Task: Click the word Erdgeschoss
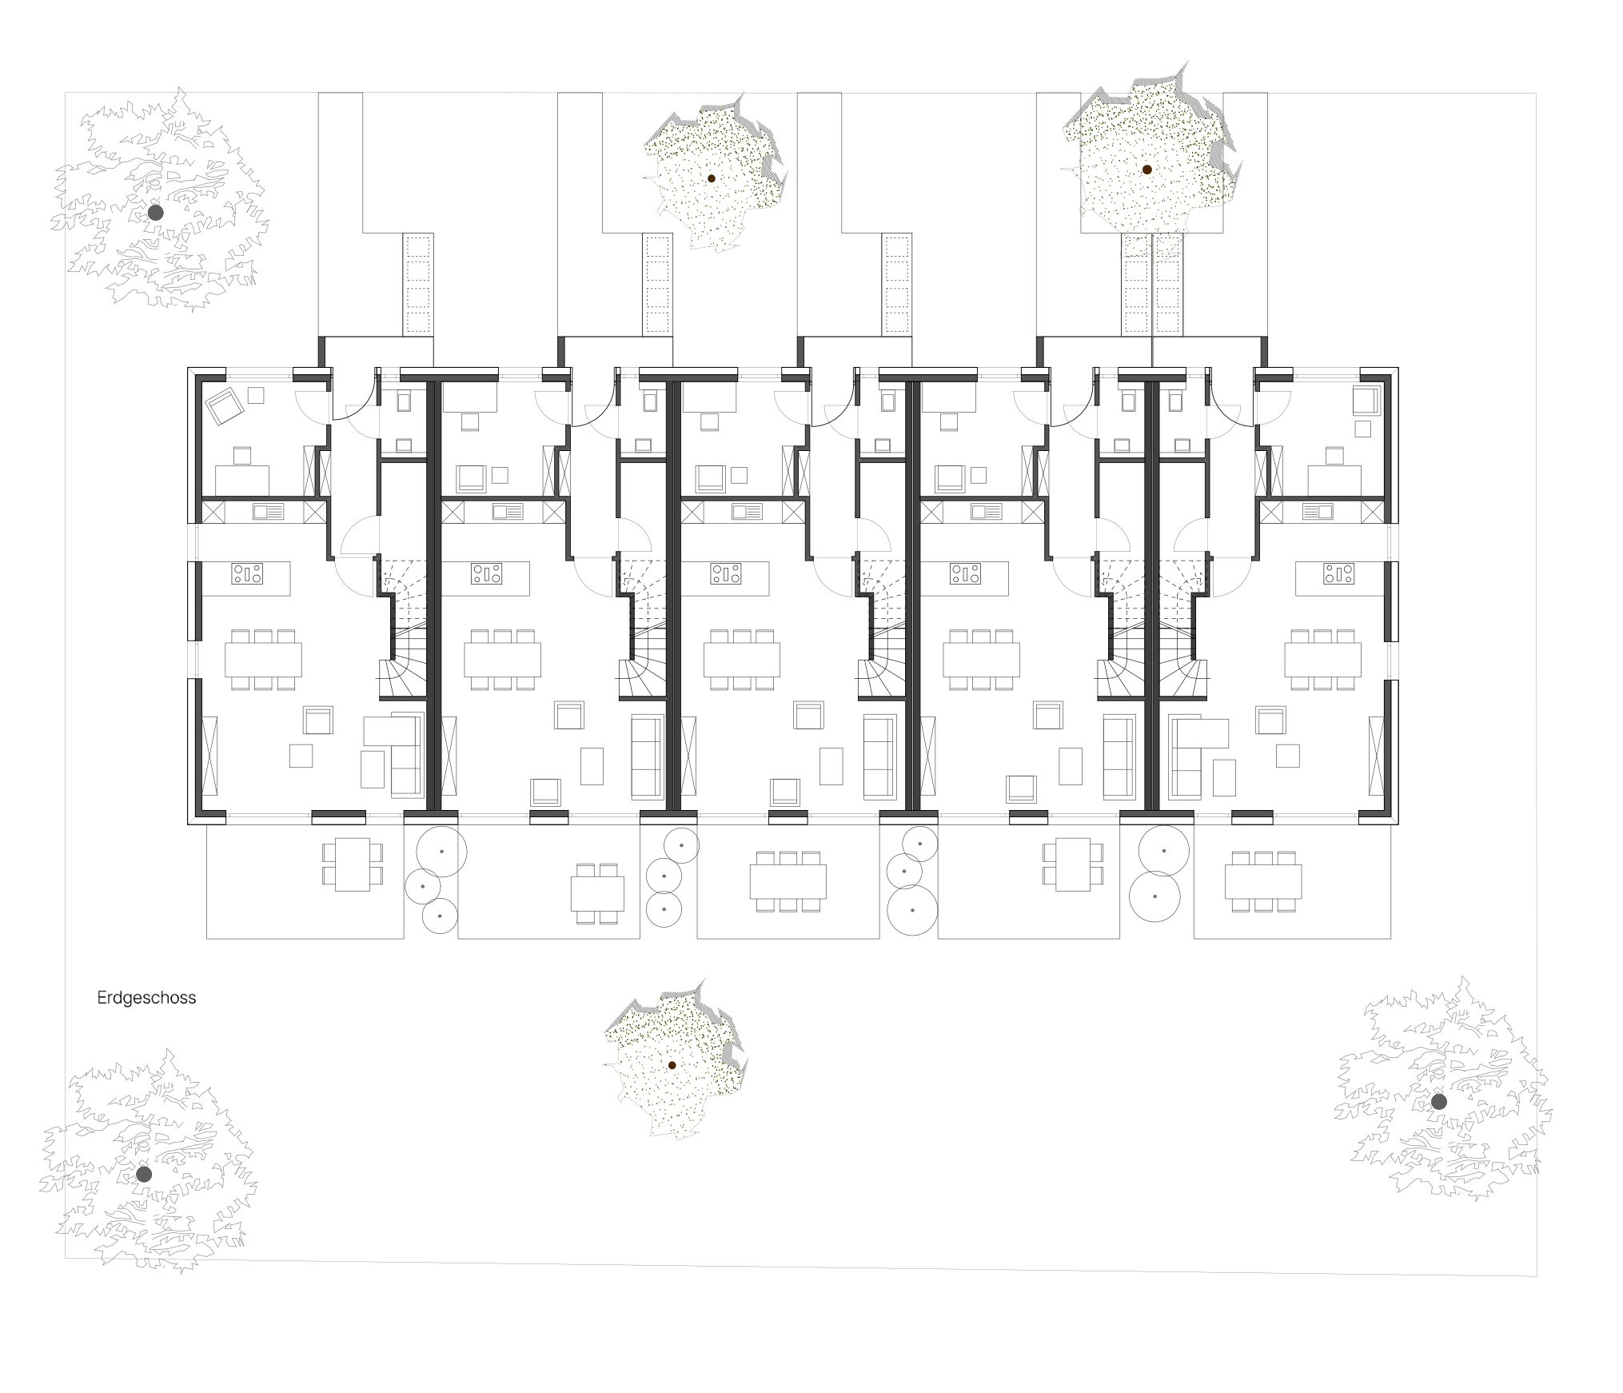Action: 146,998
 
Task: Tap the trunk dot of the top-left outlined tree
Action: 156,213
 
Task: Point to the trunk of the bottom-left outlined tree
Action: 144,1175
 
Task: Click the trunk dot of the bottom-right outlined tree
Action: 1439,1102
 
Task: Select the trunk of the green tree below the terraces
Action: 672,1065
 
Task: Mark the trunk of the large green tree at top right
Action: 1146,170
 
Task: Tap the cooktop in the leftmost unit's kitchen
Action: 248,573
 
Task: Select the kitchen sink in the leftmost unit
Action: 268,512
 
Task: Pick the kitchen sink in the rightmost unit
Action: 1318,512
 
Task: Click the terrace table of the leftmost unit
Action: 353,864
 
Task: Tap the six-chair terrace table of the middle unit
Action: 788,882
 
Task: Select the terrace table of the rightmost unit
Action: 1263,882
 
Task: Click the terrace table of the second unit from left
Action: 597,894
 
